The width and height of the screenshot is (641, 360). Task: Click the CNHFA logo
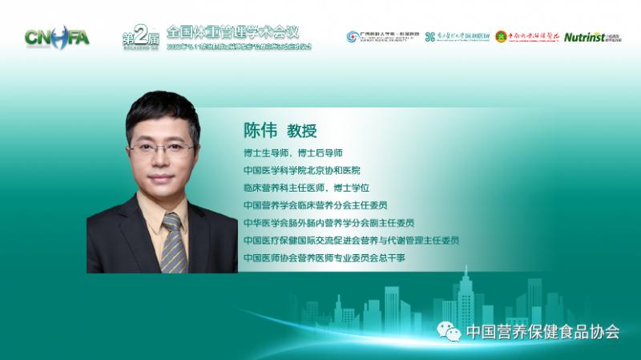(x=57, y=36)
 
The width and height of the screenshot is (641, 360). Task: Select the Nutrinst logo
(x=591, y=37)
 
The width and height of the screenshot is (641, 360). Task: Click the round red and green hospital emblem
(x=501, y=36)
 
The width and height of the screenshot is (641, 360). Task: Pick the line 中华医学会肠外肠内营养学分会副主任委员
(x=329, y=223)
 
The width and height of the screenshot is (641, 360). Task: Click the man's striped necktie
(x=171, y=240)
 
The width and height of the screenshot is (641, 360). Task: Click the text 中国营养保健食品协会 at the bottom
(x=542, y=330)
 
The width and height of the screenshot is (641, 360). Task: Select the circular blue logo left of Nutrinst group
(x=353, y=37)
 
